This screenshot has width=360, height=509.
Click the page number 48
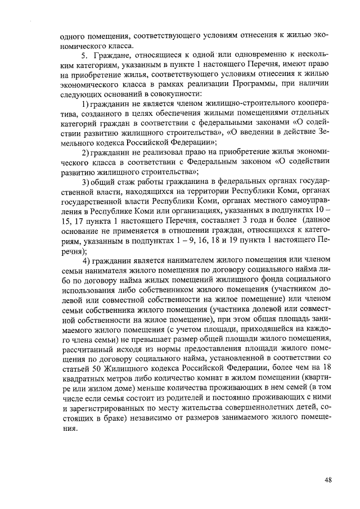tap(328, 480)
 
